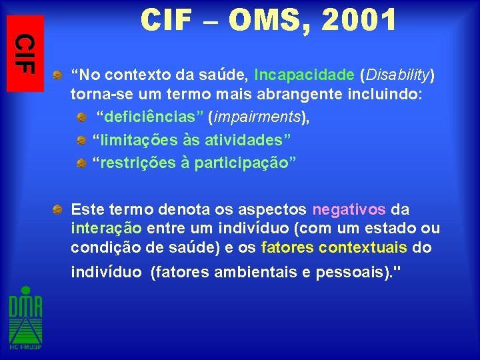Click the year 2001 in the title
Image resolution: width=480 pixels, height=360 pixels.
click(359, 21)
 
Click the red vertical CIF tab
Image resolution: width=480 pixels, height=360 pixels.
click(25, 53)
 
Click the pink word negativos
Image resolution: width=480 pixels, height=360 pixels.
click(349, 209)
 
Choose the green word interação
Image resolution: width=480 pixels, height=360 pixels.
click(106, 229)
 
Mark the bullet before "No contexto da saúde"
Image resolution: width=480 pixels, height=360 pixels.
click(59, 74)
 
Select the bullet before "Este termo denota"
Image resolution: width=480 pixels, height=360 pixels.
click(59, 209)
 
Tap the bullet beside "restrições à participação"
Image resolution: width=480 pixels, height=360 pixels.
click(80, 163)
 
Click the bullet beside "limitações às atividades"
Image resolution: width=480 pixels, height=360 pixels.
click(80, 141)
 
